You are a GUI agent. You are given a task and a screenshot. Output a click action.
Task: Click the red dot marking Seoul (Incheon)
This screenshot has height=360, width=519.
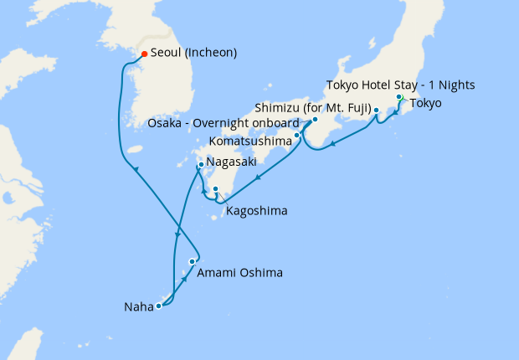click(x=143, y=54)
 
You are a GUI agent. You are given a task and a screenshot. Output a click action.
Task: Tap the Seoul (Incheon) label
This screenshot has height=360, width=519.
click(x=193, y=53)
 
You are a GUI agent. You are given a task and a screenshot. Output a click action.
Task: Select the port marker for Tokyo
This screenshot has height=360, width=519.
click(x=398, y=97)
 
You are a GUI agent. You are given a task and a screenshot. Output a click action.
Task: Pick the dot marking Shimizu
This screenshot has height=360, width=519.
click(x=376, y=110)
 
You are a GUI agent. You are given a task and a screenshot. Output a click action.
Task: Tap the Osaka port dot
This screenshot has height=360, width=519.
click(x=315, y=120)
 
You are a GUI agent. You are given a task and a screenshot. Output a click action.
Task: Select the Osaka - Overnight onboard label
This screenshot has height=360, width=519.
click(x=224, y=122)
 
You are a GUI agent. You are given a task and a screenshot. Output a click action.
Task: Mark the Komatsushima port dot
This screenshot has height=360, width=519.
click(x=297, y=135)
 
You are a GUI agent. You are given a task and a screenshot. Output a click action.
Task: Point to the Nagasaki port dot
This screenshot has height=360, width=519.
click(x=201, y=164)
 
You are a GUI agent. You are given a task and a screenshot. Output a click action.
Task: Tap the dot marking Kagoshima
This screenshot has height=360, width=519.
click(x=215, y=188)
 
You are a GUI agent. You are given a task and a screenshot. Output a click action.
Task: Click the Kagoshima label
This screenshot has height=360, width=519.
click(x=256, y=211)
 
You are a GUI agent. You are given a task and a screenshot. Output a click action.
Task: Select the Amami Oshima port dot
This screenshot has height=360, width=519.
click(x=192, y=262)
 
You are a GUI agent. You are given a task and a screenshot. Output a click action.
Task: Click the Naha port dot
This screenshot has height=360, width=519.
click(x=158, y=306)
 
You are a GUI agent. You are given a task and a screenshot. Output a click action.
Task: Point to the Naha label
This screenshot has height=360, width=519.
click(x=138, y=307)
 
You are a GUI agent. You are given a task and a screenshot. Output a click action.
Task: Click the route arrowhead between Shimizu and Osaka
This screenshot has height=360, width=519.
click(x=332, y=144)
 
